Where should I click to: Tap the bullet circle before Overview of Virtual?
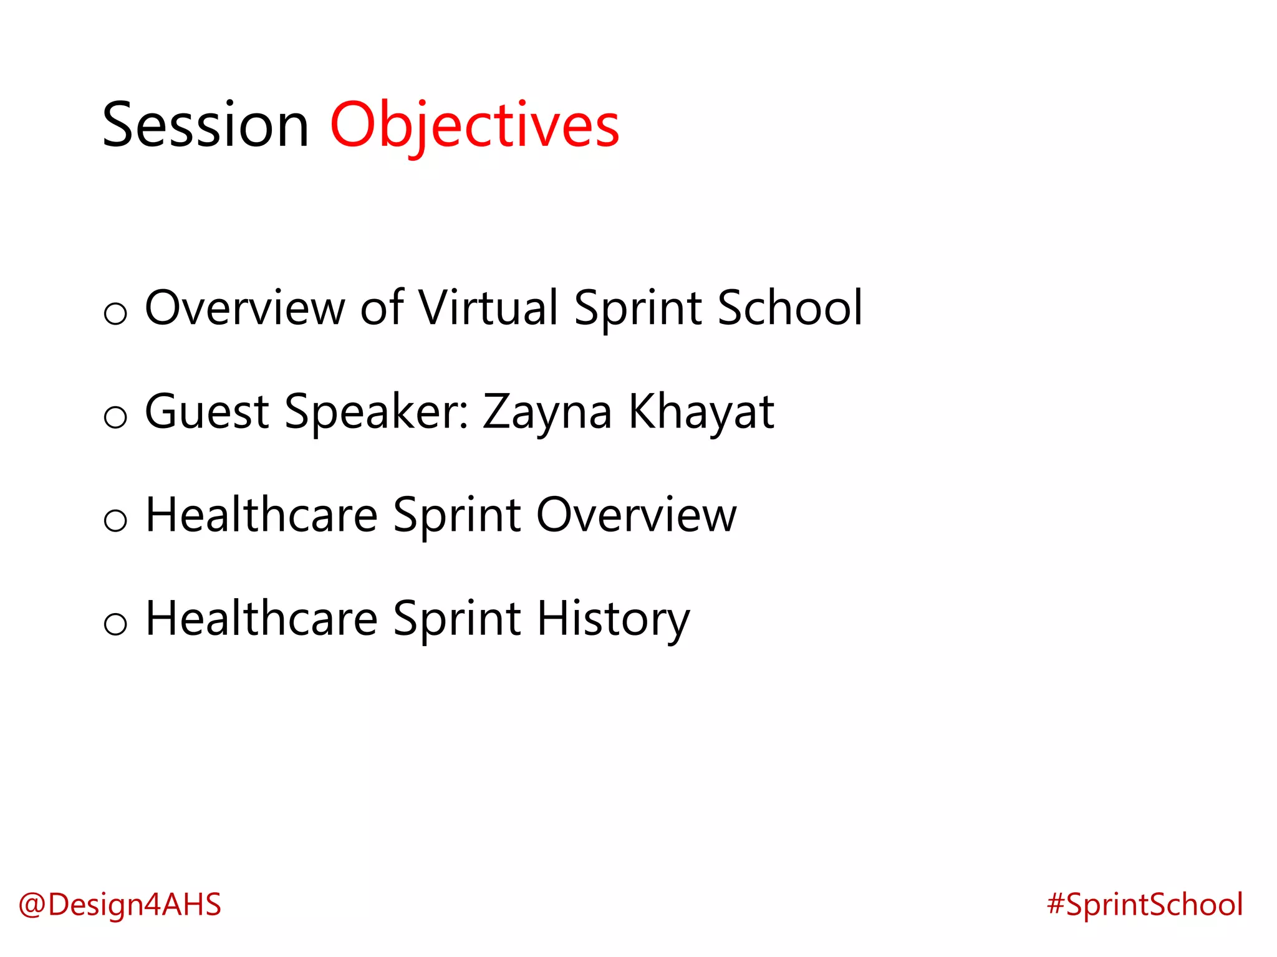(115, 313)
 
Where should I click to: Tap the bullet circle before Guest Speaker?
(115, 416)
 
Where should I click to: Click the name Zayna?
(547, 413)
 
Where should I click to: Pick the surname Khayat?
(701, 412)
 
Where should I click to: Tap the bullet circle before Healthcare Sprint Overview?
(115, 520)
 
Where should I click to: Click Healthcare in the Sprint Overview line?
(262, 515)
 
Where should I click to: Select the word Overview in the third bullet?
(637, 515)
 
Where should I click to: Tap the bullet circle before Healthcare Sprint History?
(115, 623)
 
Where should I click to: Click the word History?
(614, 620)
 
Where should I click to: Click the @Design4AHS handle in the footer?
(120, 905)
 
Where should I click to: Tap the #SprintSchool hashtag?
(1145, 905)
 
